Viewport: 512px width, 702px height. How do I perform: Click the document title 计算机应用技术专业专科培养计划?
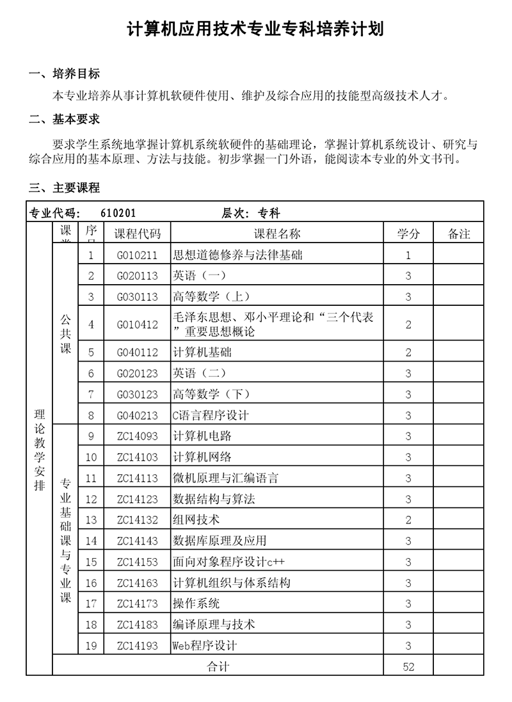tap(256, 29)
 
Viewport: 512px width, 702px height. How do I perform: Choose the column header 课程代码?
tap(137, 234)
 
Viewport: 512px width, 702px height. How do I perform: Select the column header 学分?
tap(408, 234)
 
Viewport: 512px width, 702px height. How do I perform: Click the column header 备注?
tap(459, 234)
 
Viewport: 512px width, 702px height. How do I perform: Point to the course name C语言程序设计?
tap(211, 415)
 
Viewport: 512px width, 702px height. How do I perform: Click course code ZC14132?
tap(137, 520)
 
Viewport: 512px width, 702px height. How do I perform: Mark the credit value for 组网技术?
tap(408, 520)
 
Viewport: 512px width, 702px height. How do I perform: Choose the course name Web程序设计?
tap(205, 646)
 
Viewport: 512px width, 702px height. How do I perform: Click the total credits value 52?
tap(408, 667)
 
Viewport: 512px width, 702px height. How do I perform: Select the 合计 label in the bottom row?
tap(218, 667)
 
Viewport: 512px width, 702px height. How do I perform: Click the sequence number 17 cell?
tap(91, 604)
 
